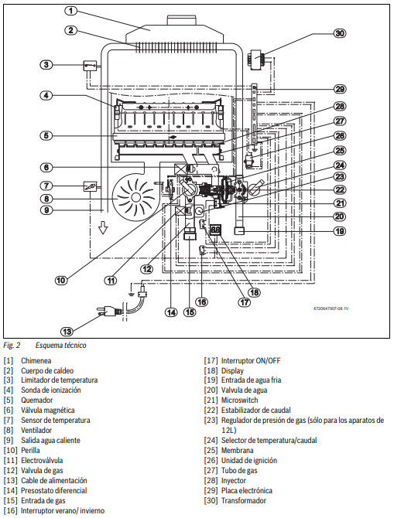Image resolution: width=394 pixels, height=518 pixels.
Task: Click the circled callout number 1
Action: tap(70, 11)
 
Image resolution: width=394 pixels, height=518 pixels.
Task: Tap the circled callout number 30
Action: tap(340, 33)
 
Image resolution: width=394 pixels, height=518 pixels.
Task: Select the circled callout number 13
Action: tap(67, 331)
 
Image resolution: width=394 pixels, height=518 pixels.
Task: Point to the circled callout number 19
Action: tap(340, 231)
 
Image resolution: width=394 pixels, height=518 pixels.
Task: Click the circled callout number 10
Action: tap(61, 281)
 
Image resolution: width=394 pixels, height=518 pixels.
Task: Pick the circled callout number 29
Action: tap(340, 89)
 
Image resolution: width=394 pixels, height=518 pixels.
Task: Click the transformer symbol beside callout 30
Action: tap(255, 60)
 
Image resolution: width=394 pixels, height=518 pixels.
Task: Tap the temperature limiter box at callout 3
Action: tap(90, 66)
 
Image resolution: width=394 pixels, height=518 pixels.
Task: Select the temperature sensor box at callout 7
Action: tap(90, 186)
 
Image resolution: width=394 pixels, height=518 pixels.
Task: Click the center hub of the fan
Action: tap(135, 198)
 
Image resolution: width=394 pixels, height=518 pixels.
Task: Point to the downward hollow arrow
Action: tap(104, 228)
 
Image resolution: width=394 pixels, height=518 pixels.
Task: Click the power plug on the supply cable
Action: tap(108, 312)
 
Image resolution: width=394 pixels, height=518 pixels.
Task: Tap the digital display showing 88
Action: tap(215, 230)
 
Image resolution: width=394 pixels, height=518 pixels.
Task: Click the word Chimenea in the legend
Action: tap(36, 361)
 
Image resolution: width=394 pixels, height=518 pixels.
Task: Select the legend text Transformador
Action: tap(244, 500)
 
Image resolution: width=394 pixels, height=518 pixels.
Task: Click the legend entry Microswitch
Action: tap(239, 400)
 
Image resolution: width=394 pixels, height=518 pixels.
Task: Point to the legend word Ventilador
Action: tap(36, 430)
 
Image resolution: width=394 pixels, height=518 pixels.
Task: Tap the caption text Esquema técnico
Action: tap(61, 346)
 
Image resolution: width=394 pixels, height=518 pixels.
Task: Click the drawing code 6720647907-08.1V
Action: tap(331, 308)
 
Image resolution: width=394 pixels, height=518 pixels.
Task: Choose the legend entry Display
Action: tap(232, 370)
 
